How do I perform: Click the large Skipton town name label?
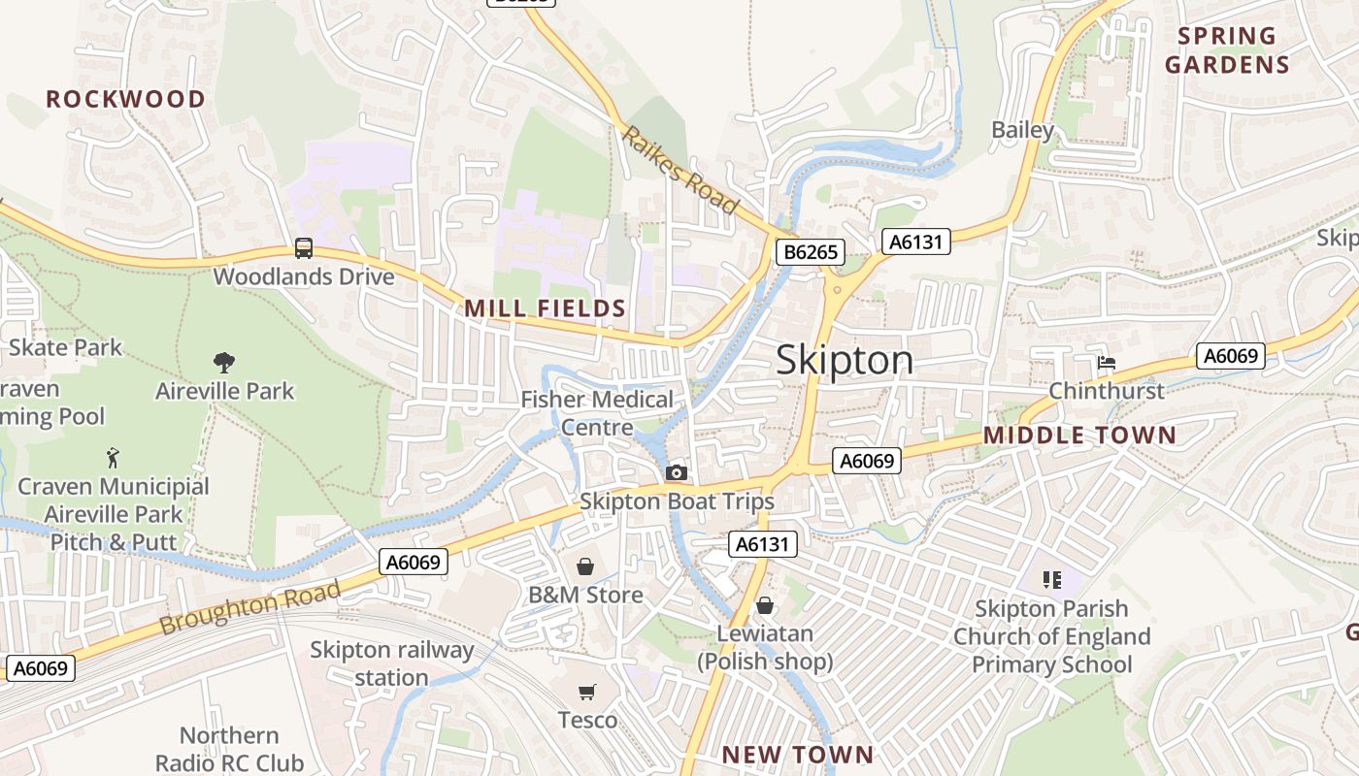pyautogui.click(x=845, y=361)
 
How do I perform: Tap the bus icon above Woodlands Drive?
pyautogui.click(x=304, y=248)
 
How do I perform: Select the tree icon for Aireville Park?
pyautogui.click(x=224, y=363)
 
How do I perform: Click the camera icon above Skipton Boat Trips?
pyautogui.click(x=677, y=472)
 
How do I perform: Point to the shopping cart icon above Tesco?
pyautogui.click(x=586, y=692)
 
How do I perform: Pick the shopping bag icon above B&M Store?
pyautogui.click(x=585, y=566)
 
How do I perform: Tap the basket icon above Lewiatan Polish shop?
pyautogui.click(x=765, y=605)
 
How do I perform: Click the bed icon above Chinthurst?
pyautogui.click(x=1106, y=363)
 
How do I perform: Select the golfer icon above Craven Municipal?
pyautogui.click(x=114, y=457)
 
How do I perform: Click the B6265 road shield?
pyautogui.click(x=811, y=253)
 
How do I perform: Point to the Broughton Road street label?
pyautogui.click(x=250, y=607)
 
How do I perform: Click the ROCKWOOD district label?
pyautogui.click(x=125, y=99)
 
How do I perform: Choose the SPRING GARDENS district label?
pyautogui.click(x=1227, y=50)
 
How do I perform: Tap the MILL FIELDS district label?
pyautogui.click(x=545, y=308)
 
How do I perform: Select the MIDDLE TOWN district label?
pyautogui.click(x=1079, y=436)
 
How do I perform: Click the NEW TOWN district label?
pyautogui.click(x=798, y=755)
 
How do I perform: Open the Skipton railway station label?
pyautogui.click(x=391, y=663)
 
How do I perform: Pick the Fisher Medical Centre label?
pyautogui.click(x=597, y=413)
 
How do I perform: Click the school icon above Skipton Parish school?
pyautogui.click(x=1051, y=580)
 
